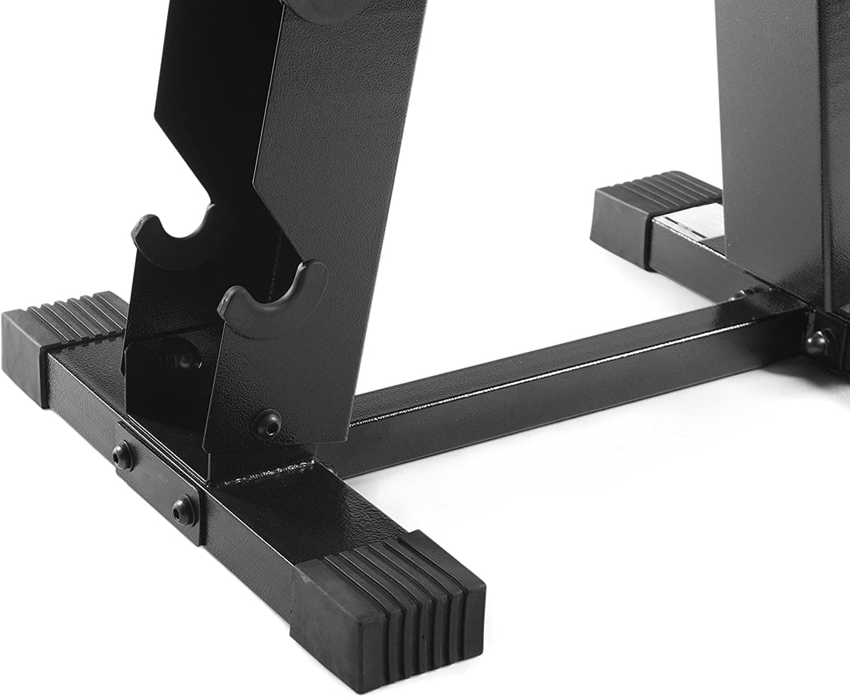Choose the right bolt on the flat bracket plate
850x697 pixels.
184,510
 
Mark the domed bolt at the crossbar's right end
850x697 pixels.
820,342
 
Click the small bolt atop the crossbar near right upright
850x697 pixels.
744,292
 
